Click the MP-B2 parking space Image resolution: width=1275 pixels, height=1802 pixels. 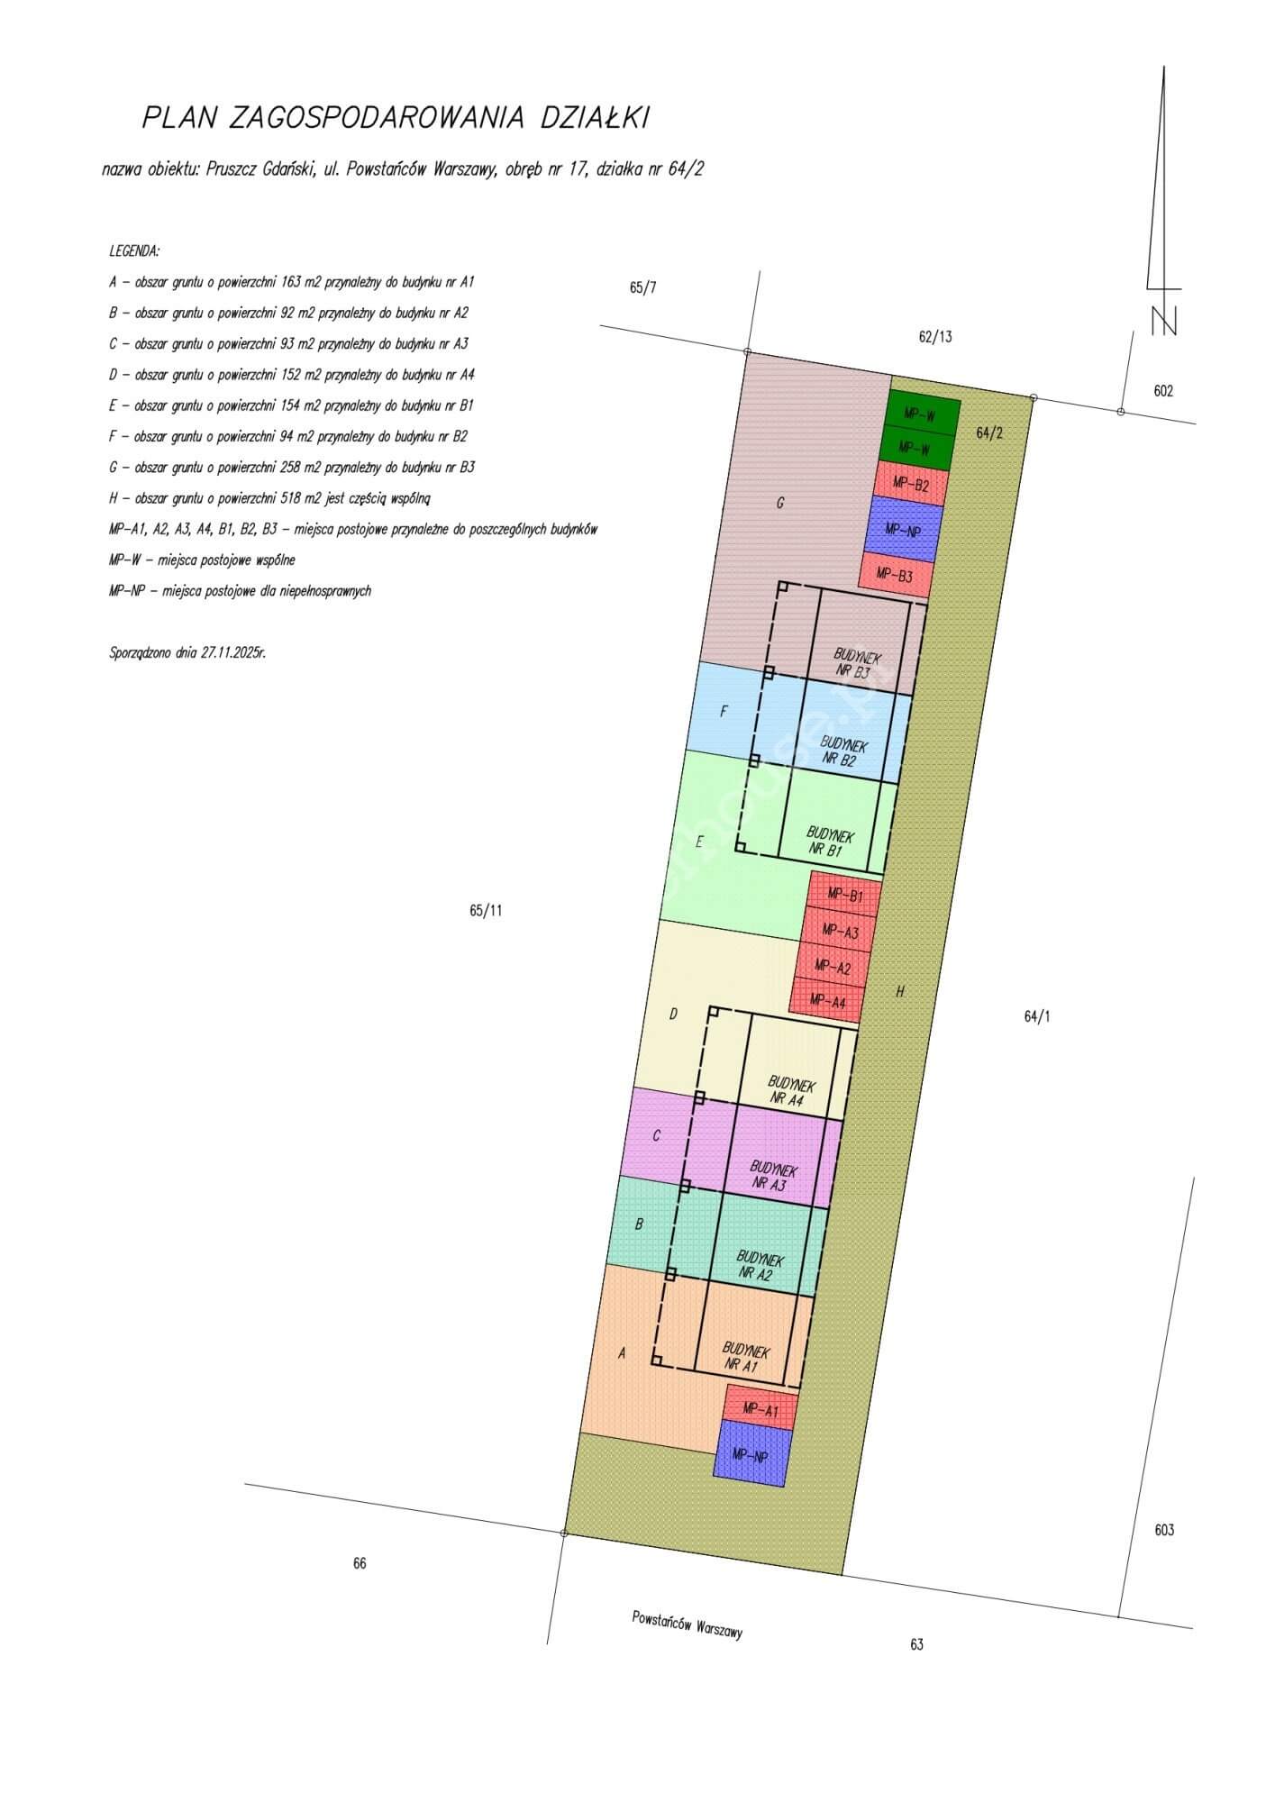pos(911,484)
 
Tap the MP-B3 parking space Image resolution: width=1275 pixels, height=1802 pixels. pos(896,574)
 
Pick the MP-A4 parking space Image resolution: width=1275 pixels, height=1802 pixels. pos(828,1001)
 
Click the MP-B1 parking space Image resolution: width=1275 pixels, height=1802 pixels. pos(845,896)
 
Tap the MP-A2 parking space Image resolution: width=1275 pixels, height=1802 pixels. pos(833,967)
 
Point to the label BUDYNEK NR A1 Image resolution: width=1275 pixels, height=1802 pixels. pos(745,1358)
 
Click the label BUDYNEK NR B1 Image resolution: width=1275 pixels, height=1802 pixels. pos(829,842)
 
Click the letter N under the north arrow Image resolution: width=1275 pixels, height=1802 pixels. pos(1163,321)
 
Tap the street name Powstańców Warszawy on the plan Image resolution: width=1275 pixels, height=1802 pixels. pos(688,1623)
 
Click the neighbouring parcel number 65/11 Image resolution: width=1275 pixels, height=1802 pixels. pos(486,910)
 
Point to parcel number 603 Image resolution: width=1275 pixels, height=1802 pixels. pos(1164,1530)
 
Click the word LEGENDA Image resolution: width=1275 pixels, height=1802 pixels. pos(134,250)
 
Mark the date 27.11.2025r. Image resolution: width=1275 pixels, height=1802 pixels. pos(228,652)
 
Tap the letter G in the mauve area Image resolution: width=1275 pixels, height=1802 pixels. pos(780,504)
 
